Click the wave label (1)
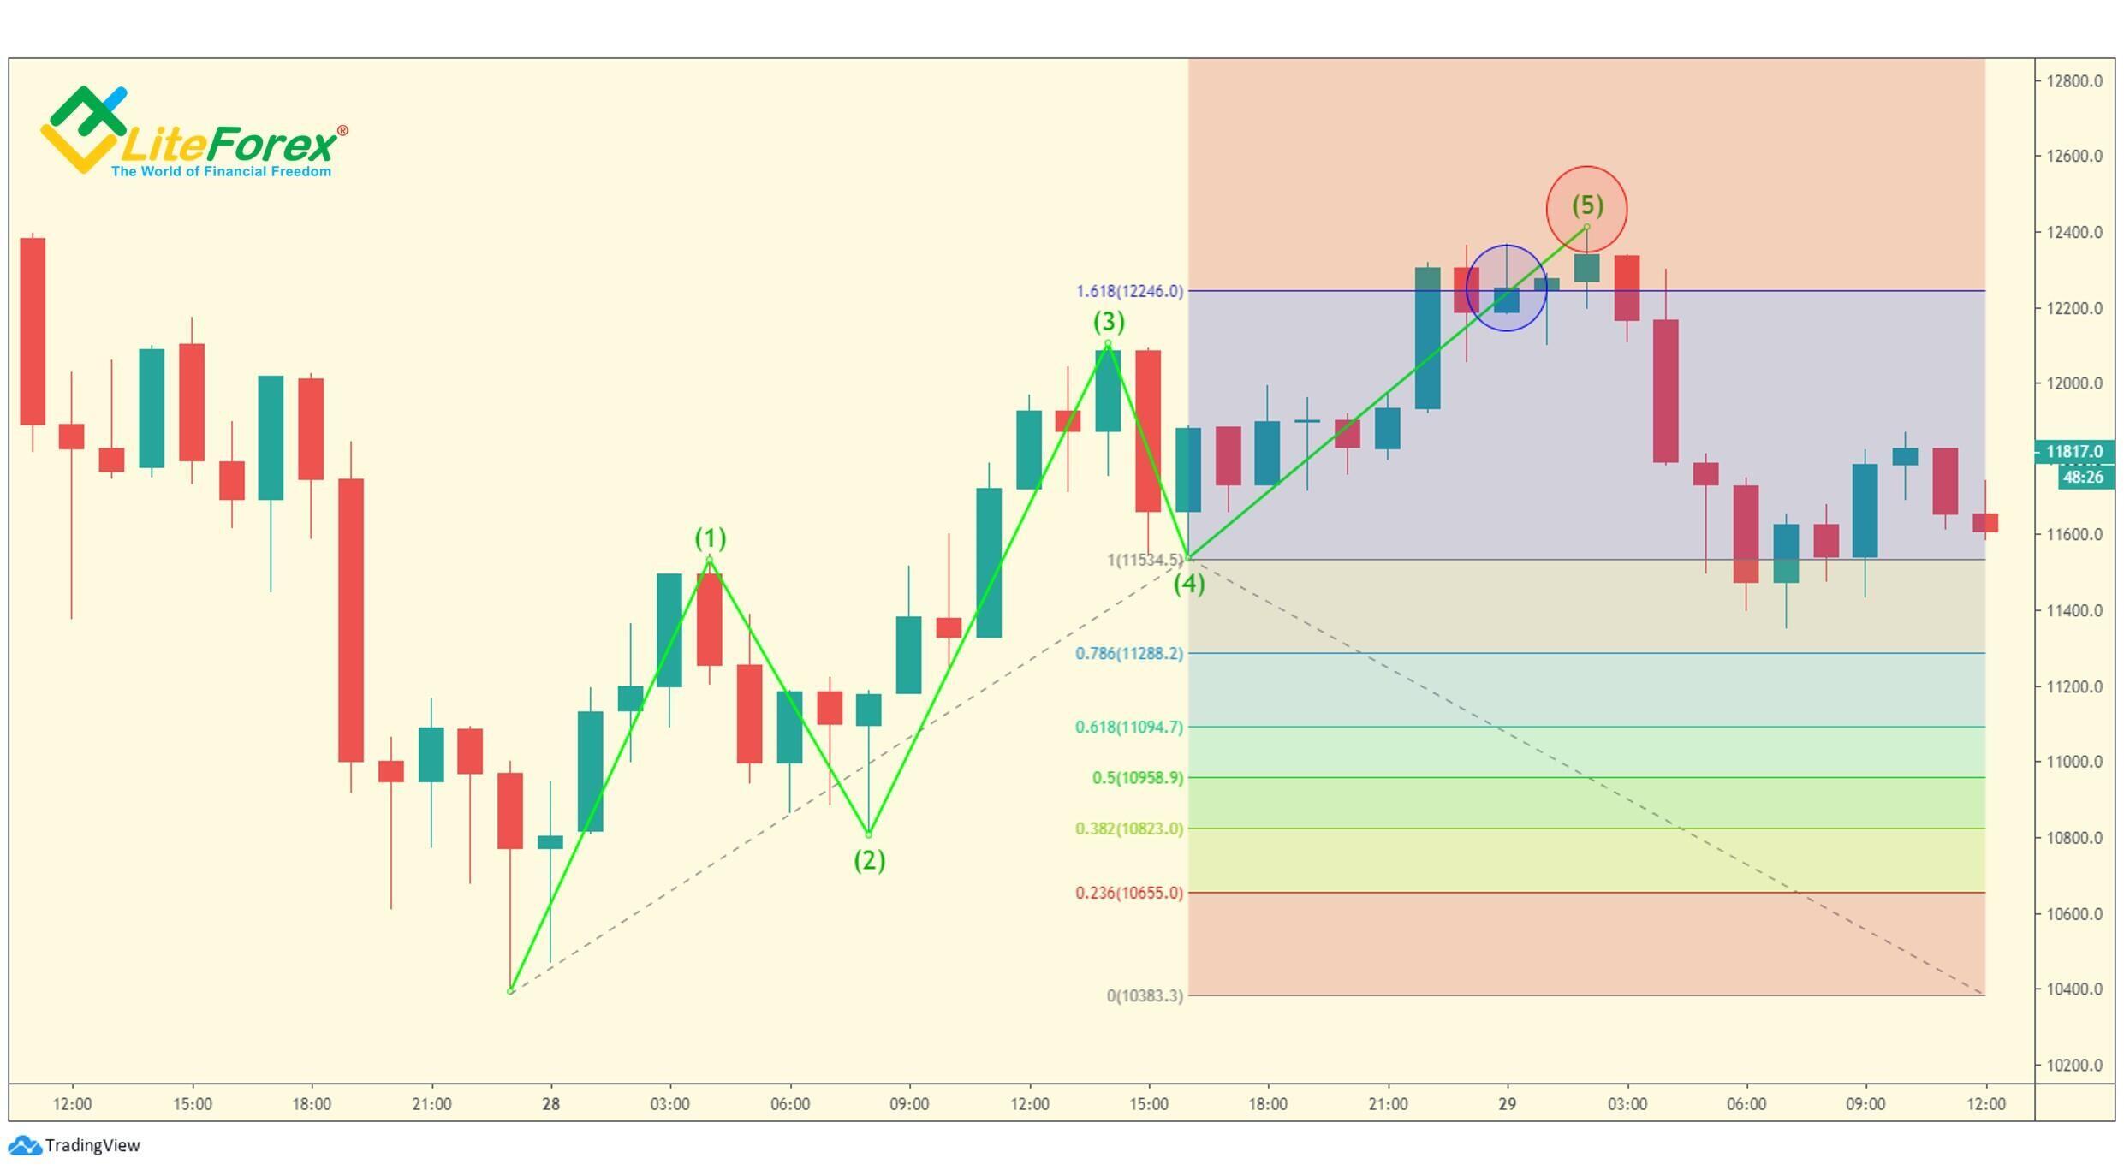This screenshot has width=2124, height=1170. point(710,538)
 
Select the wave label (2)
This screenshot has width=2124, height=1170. point(869,860)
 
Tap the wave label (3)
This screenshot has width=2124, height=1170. point(1109,322)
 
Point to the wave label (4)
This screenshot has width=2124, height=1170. point(1189,585)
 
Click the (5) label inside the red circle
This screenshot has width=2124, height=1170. point(1586,205)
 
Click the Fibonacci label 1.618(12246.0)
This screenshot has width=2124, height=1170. point(1129,291)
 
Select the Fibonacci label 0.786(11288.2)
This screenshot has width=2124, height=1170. point(1129,654)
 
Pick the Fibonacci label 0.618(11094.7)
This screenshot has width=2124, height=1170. point(1129,728)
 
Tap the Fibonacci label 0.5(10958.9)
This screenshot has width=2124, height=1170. point(1138,778)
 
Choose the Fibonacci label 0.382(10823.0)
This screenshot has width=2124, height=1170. point(1129,829)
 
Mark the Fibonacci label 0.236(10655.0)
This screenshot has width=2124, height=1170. point(1129,893)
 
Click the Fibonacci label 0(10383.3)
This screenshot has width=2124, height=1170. point(1145,995)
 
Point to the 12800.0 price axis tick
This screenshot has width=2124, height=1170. point(2073,81)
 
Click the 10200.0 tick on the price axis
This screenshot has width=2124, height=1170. point(2073,1066)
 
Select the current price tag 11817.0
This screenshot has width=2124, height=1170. point(2073,451)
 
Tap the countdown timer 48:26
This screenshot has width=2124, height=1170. point(2082,477)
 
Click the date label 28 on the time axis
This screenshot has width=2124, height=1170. point(550,1104)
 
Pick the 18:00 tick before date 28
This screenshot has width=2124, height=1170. point(311,1104)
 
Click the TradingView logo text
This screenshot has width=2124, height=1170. point(92,1145)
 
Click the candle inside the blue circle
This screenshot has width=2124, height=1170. point(1506,300)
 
